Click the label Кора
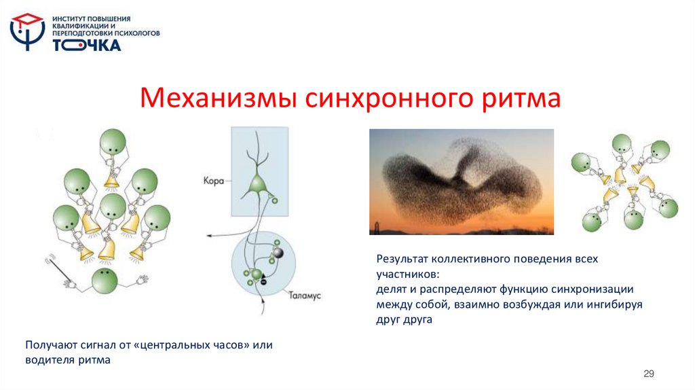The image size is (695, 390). pyautogui.click(x=212, y=181)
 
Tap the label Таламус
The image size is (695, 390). pyautogui.click(x=304, y=296)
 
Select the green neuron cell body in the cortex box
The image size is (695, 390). pyautogui.click(x=257, y=183)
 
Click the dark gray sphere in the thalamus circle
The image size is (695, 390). pyautogui.click(x=278, y=253)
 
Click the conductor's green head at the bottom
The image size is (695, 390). pyautogui.click(x=103, y=279)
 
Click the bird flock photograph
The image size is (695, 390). pyautogui.click(x=461, y=181)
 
